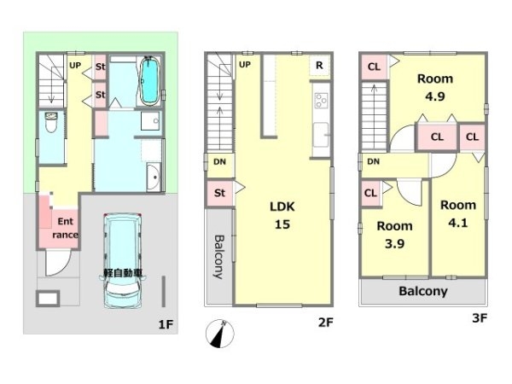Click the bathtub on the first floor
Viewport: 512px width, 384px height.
(150, 81)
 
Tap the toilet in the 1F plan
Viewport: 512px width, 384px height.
(51, 122)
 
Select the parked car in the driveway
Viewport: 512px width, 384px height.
(122, 261)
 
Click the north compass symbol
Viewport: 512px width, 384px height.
(220, 333)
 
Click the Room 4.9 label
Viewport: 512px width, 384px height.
(435, 88)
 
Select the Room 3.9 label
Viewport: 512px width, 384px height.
(394, 235)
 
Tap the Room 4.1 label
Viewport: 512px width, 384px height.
(458, 214)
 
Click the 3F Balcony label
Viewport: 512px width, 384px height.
(423, 291)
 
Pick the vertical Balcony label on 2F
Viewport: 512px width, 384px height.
(218, 257)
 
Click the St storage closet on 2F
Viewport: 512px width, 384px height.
(220, 193)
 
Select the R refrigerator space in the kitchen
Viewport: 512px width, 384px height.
(319, 66)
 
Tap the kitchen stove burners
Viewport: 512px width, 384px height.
(321, 100)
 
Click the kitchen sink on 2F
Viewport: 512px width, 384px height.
(321, 135)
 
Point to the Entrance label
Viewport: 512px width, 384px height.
(66, 228)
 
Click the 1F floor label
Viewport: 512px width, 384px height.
(166, 324)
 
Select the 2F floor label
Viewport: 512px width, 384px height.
(326, 323)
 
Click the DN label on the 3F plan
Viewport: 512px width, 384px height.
(373, 161)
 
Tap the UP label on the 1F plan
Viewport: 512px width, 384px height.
(75, 66)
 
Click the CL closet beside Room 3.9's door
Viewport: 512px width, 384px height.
(371, 194)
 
